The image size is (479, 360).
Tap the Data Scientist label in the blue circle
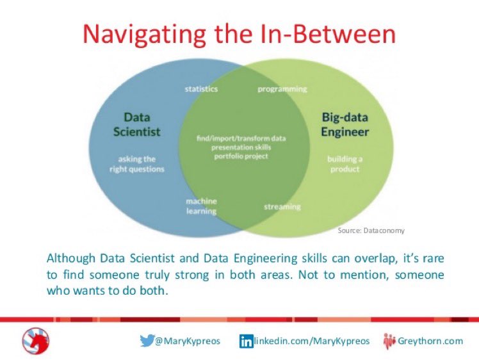pos(136,124)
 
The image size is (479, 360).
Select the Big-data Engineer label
pos(345,124)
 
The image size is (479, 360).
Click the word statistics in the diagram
pos(201,88)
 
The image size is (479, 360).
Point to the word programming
pos(282,88)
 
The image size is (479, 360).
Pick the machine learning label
pos(201,206)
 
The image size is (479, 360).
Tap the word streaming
pos(282,206)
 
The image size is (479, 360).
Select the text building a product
pos(344,164)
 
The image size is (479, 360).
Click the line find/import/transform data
pos(241,138)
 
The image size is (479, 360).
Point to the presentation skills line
pos(241,147)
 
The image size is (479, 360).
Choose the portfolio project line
pos(241,156)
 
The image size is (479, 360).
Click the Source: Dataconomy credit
pos(371,230)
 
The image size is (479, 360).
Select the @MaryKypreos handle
pos(188,341)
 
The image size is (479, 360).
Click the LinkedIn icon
pos(246,341)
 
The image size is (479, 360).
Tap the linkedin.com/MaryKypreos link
pos(312,341)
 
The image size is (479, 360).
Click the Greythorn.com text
pos(431,341)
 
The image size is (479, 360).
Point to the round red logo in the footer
pos(35,341)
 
